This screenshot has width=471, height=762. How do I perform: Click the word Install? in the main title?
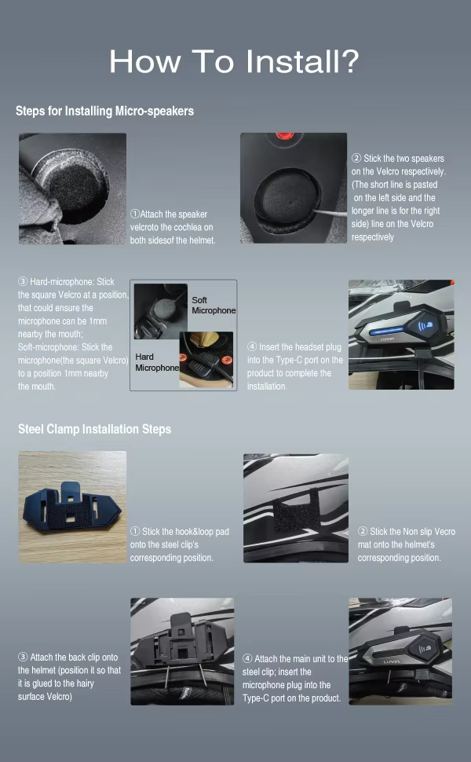[301, 62]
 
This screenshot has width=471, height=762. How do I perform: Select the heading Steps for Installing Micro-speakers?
[104, 112]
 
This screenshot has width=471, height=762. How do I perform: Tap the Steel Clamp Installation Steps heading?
[95, 429]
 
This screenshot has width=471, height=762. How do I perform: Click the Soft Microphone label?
[214, 305]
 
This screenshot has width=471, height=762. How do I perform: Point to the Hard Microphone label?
[157, 362]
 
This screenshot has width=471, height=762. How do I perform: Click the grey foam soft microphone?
[160, 308]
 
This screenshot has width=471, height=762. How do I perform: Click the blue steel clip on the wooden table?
[72, 507]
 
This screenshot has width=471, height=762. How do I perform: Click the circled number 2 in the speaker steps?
[356, 158]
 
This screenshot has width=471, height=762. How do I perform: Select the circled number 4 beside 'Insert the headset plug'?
[252, 346]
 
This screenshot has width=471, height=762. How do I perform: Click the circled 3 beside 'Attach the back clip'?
[23, 657]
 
